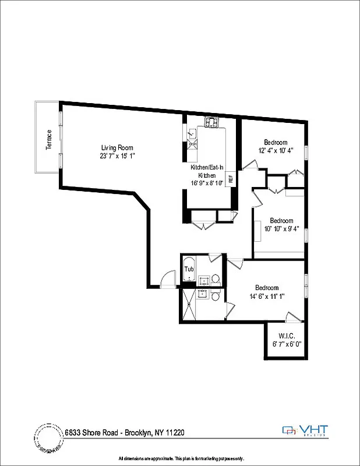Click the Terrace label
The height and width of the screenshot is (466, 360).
point(49,140)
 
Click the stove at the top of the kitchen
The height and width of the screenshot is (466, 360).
point(211,123)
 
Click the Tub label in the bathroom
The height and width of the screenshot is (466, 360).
point(189,269)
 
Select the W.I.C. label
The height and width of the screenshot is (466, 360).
point(285,336)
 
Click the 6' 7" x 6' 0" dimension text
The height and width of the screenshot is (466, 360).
point(285,344)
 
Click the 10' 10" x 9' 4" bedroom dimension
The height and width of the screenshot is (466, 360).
point(281,229)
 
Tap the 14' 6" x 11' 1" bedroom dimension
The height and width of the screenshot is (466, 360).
point(267,296)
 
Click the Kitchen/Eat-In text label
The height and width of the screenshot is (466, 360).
point(207,168)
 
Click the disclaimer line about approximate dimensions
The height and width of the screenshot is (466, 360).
point(180,458)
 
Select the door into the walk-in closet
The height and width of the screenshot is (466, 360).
point(291,318)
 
